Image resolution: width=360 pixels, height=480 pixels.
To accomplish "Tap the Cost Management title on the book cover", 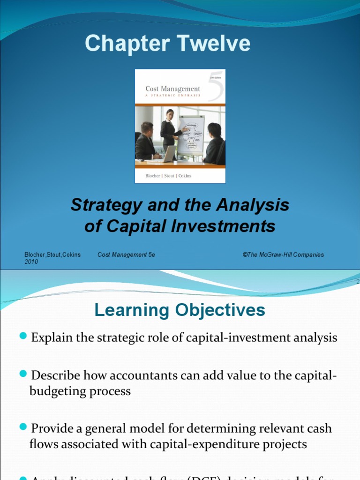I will pyautogui.click(x=172, y=89).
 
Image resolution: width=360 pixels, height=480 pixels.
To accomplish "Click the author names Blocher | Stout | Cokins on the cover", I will pyautogui.click(x=168, y=176).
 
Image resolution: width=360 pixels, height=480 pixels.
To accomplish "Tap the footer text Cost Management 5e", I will pyautogui.click(x=126, y=255).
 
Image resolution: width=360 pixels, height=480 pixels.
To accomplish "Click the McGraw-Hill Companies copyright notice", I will pyautogui.click(x=283, y=255).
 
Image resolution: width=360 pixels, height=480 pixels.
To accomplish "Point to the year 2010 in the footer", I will pyautogui.click(x=31, y=262).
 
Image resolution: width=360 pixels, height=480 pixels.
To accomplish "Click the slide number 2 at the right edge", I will pyautogui.click(x=358, y=282).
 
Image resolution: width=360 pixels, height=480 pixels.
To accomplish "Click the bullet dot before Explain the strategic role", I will pyautogui.click(x=24, y=336).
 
